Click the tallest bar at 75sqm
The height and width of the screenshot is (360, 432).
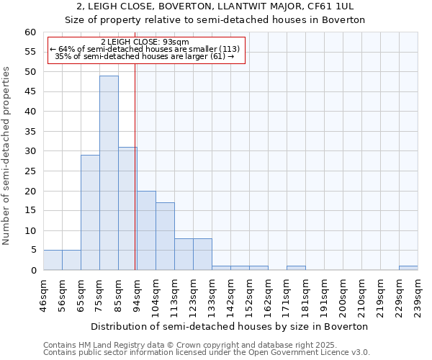tap(109, 173)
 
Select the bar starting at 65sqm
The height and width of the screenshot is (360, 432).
tap(90, 212)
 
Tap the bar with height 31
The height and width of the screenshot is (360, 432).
tap(127, 209)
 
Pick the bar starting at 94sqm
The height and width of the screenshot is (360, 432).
tap(146, 230)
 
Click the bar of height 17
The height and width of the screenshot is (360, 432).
tap(165, 236)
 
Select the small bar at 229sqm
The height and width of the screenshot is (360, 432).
tap(408, 268)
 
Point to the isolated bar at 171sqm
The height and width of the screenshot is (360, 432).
tap(296, 268)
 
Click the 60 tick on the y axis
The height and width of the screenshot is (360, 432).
tap(30, 32)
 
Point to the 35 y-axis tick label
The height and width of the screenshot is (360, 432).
tap(30, 132)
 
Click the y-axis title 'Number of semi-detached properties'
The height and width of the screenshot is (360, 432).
tap(7, 156)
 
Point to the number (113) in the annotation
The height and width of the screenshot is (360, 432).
tap(225, 49)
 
